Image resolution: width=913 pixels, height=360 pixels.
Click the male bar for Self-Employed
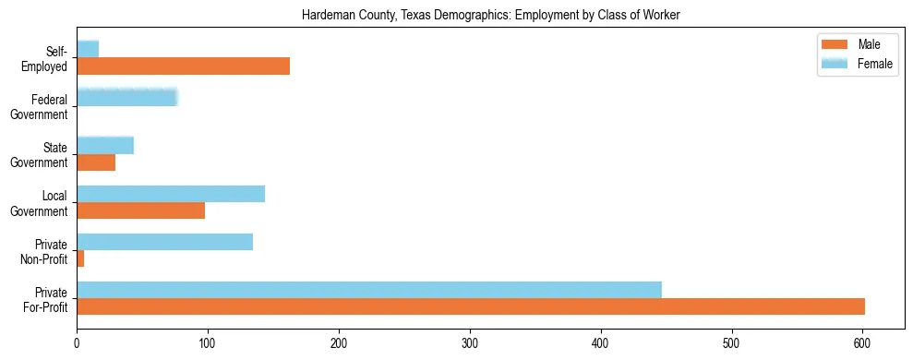pyautogui.click(x=183, y=66)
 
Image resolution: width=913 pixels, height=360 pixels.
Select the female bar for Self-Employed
pyautogui.click(x=88, y=49)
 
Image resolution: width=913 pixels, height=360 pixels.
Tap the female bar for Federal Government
pyautogui.click(x=126, y=97)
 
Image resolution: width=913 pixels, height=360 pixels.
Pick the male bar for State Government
pyautogui.click(x=96, y=162)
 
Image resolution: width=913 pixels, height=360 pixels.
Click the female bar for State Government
pyautogui.click(x=105, y=145)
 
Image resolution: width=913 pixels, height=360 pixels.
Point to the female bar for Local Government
pyautogui.click(x=171, y=193)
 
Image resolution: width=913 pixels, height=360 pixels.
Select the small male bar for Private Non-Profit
pyautogui.click(x=80, y=258)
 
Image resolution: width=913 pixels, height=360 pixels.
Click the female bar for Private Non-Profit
pyautogui.click(x=164, y=242)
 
